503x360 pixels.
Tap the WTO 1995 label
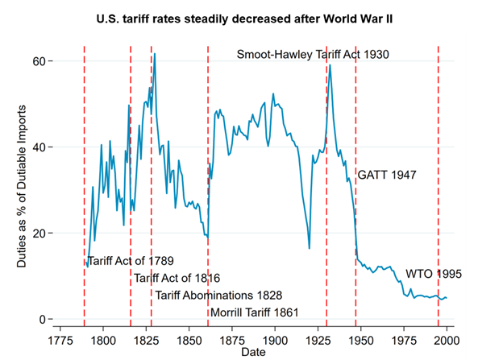tap(433, 274)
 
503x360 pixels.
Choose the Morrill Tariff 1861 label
tap(255, 312)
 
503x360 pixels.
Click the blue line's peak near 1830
tap(155, 55)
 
